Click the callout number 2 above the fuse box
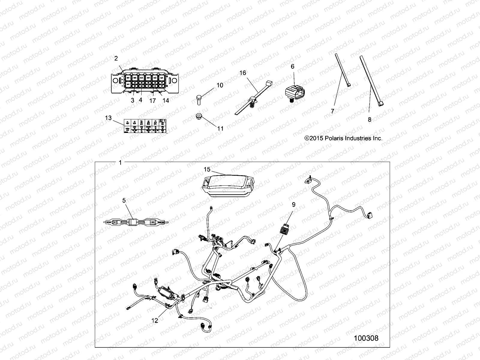[x=116, y=58]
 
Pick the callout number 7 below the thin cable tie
[x=332, y=111]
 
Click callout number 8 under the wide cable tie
[x=370, y=119]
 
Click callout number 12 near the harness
[x=154, y=320]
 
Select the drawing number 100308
[x=366, y=338]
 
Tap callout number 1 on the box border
[x=120, y=163]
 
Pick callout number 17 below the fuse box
[x=153, y=101]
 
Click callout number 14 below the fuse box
[x=166, y=100]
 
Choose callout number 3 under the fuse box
[x=133, y=100]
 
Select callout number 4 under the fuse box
[x=140, y=100]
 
